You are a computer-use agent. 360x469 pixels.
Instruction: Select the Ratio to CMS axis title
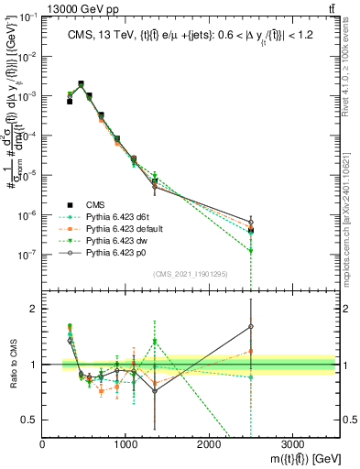click(x=11, y=363)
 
